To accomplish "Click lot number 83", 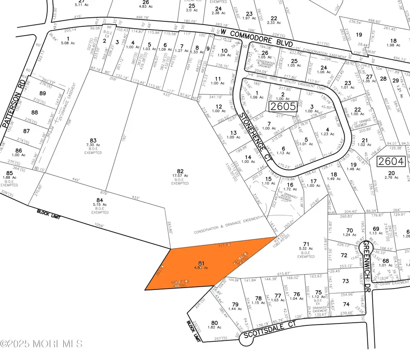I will click(93, 141).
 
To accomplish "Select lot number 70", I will click(350, 230).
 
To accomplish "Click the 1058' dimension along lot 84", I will click(98, 226).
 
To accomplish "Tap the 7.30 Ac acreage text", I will click(93, 147).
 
